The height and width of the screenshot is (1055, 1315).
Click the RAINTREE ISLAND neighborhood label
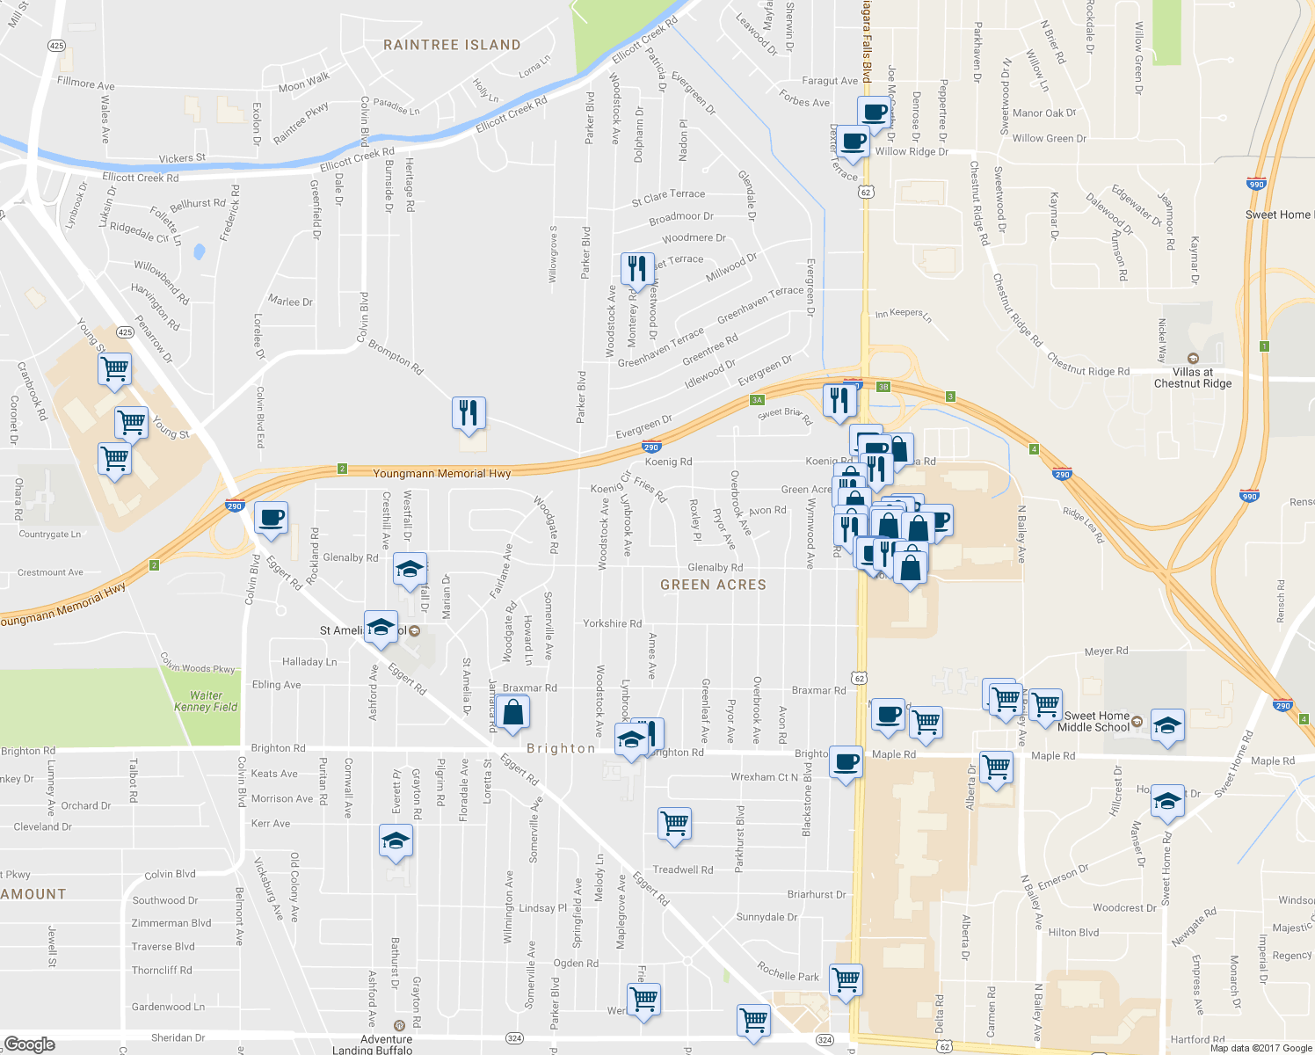(x=452, y=45)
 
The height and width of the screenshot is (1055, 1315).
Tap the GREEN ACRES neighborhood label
(x=713, y=585)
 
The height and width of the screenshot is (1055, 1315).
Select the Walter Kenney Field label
(x=206, y=701)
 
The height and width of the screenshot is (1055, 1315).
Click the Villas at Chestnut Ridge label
(x=1193, y=377)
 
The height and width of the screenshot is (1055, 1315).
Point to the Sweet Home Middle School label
(x=1093, y=722)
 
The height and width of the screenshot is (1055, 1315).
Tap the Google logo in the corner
(x=29, y=1044)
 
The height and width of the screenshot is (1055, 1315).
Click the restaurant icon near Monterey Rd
(x=637, y=268)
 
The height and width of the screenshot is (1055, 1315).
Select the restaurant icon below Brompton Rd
(x=469, y=412)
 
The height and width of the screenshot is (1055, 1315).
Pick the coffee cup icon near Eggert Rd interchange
(x=271, y=518)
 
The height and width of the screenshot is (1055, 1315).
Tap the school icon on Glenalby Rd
(x=410, y=570)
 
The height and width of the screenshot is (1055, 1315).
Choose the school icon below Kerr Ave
(x=396, y=841)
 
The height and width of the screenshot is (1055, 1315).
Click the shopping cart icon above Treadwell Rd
(x=674, y=824)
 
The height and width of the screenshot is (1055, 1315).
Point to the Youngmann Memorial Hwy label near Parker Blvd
(x=441, y=474)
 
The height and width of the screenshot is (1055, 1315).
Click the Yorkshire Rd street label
(x=612, y=623)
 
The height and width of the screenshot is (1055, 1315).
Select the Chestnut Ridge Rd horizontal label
(x=1087, y=371)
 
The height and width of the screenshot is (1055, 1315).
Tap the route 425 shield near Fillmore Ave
(x=56, y=45)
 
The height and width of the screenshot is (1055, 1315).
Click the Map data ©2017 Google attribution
(x=1261, y=1048)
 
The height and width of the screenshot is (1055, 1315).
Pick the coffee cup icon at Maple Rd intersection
(x=846, y=763)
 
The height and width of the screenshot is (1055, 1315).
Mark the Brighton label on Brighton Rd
(x=561, y=748)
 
